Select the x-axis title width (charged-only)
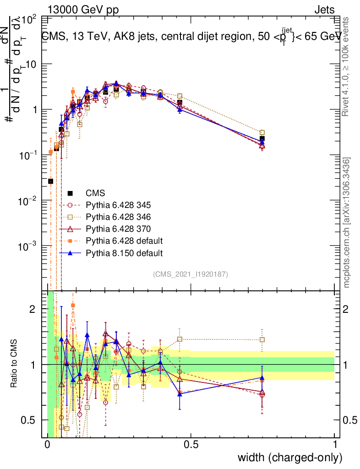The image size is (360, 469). (289, 458)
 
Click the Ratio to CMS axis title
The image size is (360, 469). (14, 364)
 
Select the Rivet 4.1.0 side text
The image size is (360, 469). (347, 66)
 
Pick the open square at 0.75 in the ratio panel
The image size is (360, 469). (262, 340)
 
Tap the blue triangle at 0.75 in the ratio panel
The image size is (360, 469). (262, 378)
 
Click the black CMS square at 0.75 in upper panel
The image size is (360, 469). (262, 138)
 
